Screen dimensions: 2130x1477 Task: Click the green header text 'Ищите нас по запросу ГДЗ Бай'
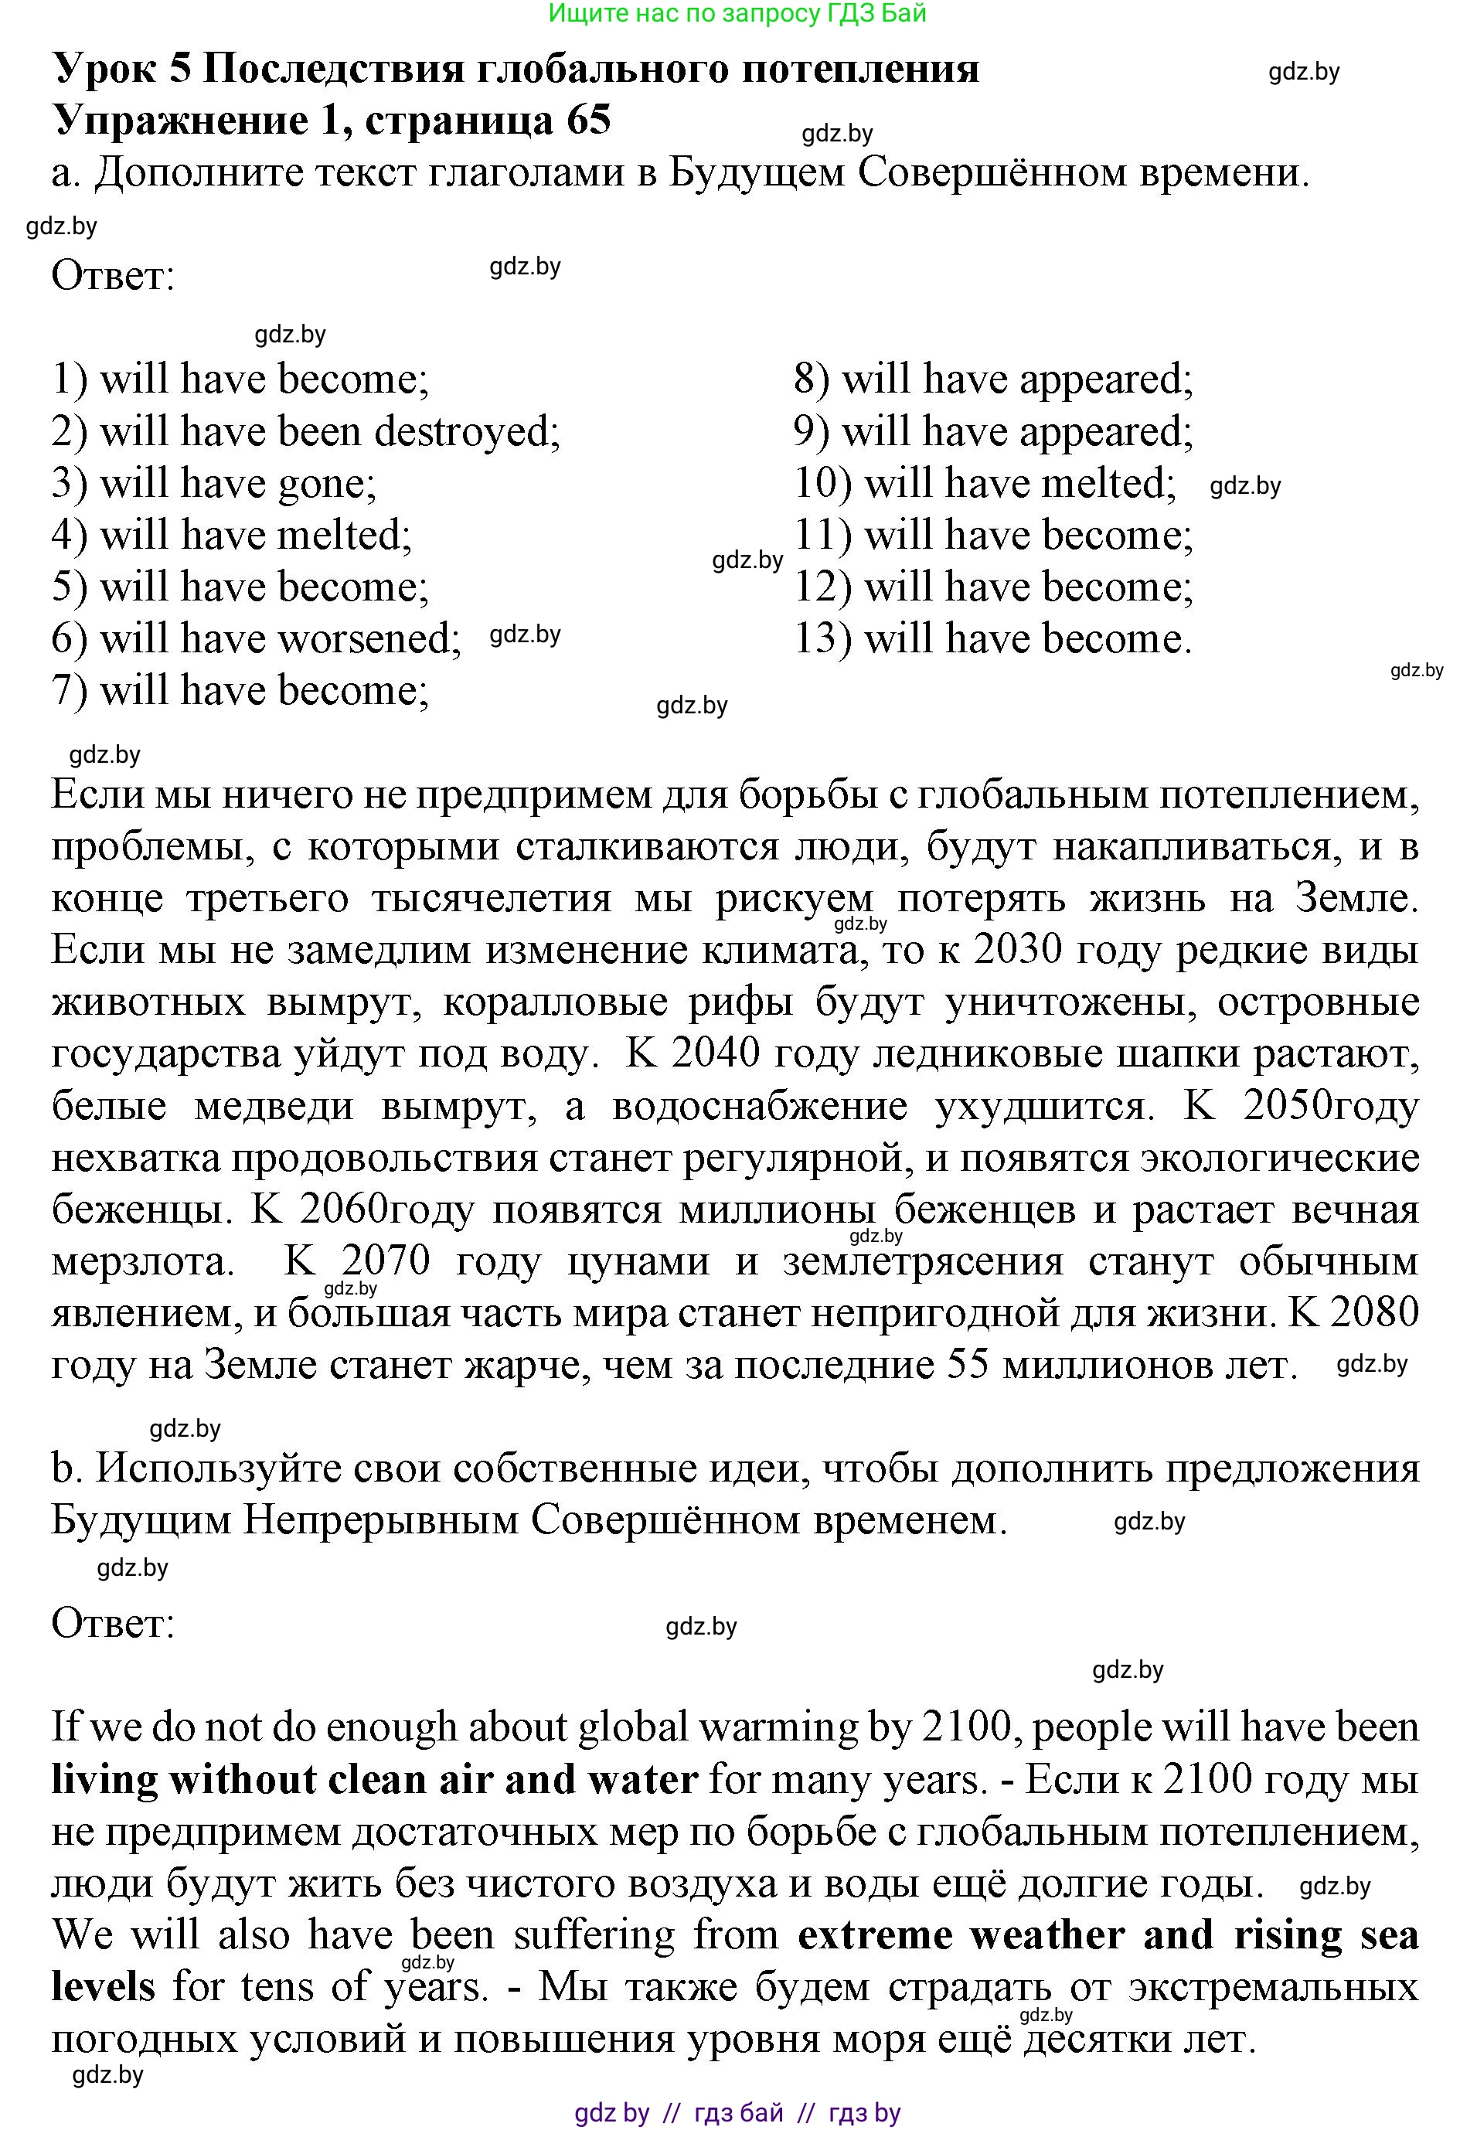coord(737,13)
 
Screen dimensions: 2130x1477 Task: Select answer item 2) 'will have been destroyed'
coord(305,432)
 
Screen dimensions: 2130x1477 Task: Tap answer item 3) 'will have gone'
coord(214,484)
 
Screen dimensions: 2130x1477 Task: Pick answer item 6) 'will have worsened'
coord(257,639)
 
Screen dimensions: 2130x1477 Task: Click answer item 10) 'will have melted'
coord(985,484)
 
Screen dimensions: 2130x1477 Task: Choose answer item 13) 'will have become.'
coord(993,639)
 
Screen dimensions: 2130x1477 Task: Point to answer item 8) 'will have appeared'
coord(993,380)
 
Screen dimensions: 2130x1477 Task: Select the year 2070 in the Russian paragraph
coord(385,1261)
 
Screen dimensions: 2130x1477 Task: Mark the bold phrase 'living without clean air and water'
coord(374,1779)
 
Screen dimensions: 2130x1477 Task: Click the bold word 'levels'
coord(103,1986)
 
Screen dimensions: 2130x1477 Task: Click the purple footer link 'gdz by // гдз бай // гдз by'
coord(737,2112)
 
